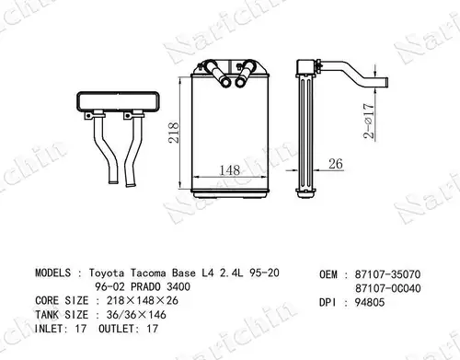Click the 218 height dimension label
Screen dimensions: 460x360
(174, 133)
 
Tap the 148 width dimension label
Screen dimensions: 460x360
(230, 170)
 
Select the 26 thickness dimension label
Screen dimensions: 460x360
(336, 164)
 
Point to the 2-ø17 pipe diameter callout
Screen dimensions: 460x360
(369, 121)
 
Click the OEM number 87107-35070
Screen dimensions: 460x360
(387, 274)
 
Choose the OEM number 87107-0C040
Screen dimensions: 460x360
(388, 288)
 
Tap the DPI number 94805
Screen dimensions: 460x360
(370, 303)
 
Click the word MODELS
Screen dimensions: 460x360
(52, 273)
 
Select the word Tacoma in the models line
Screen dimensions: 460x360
(148, 273)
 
